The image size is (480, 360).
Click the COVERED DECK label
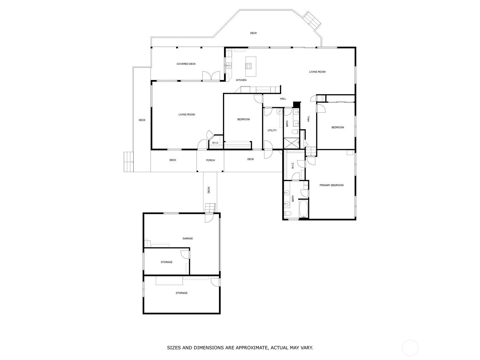click(186, 64)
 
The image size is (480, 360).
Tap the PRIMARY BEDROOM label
click(331, 185)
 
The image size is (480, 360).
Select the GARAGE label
click(187, 238)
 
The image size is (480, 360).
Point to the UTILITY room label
click(272, 130)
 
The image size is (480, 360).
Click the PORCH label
click(210, 160)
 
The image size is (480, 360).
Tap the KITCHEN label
click(241, 80)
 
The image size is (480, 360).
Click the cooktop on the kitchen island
click(249, 66)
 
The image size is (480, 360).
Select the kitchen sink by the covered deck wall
click(229, 65)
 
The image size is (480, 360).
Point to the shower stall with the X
click(291, 143)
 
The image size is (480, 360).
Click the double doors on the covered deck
click(211, 76)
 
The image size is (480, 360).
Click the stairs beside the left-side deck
click(129, 162)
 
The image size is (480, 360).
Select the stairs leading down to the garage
click(210, 208)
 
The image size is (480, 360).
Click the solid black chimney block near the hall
click(297, 104)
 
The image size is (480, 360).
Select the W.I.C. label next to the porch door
click(215, 143)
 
